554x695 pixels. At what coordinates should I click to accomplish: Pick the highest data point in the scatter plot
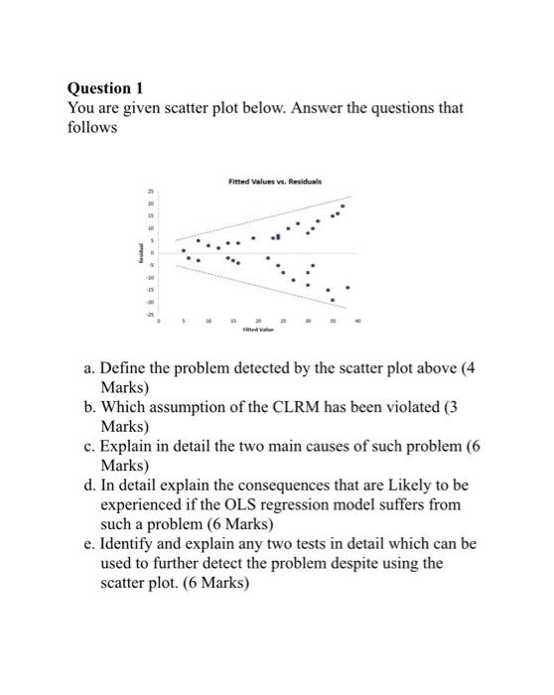(344, 206)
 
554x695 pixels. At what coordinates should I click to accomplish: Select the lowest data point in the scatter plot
(333, 299)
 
